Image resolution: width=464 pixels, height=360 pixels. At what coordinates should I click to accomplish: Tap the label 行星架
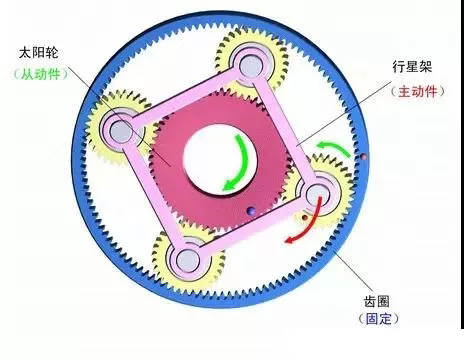[x=412, y=70]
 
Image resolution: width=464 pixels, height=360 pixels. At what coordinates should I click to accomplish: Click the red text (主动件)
[x=415, y=92]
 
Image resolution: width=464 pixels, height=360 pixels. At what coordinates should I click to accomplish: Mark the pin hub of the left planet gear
[x=122, y=131]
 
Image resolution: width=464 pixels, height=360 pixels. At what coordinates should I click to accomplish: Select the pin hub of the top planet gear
[x=249, y=65]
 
